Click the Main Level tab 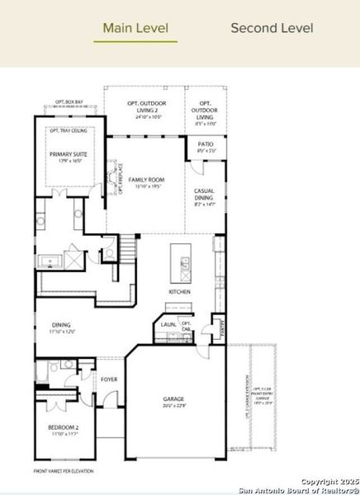[135, 27]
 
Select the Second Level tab [272, 27]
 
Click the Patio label [206, 147]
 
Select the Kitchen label [180, 292]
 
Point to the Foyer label [109, 379]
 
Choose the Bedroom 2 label [64, 429]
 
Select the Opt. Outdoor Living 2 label [144, 106]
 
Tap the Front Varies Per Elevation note [64, 470]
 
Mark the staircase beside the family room [127, 247]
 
